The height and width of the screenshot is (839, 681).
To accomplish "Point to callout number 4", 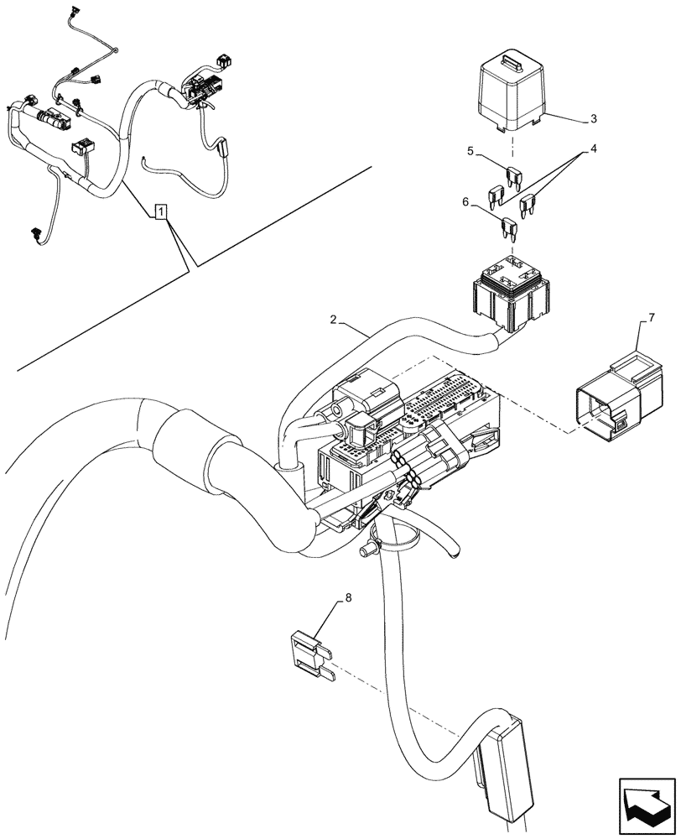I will pyautogui.click(x=592, y=149).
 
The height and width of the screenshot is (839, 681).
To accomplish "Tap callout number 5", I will pyautogui.click(x=471, y=152).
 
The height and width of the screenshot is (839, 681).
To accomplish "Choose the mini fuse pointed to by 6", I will pyautogui.click(x=508, y=227).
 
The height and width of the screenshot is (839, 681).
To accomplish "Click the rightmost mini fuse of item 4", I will pyautogui.click(x=528, y=204).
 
